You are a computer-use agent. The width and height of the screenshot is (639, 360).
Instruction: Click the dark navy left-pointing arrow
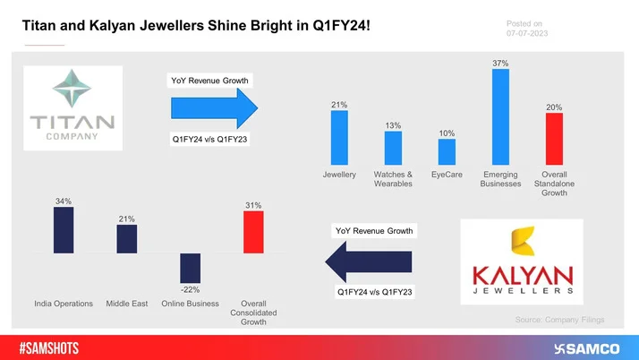click(367, 261)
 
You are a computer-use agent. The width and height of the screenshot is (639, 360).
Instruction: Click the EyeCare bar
click(447, 151)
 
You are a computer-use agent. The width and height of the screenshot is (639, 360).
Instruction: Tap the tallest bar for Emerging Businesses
click(500, 117)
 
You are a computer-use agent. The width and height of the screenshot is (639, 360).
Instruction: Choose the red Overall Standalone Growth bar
click(554, 139)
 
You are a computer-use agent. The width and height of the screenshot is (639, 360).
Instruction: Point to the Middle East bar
click(126, 238)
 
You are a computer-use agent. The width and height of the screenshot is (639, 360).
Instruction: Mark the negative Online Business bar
click(190, 268)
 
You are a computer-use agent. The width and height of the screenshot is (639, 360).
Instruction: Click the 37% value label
click(500, 63)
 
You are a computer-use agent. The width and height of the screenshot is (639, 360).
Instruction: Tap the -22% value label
click(189, 289)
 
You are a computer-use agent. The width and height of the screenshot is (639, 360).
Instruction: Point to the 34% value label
click(64, 201)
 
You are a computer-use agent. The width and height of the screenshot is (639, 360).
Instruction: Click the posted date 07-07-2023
click(527, 33)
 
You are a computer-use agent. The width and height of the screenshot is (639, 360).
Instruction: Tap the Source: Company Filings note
click(559, 319)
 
